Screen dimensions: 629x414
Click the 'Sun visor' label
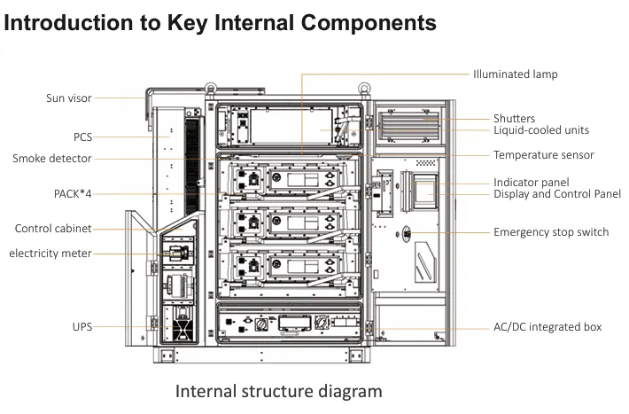[68, 98]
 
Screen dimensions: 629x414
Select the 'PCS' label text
[82, 137]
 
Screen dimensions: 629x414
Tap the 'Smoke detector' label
[51, 158]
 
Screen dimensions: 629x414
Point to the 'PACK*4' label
[73, 194]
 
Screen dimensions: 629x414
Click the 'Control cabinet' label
[53, 229]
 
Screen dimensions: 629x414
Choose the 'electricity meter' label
[50, 254]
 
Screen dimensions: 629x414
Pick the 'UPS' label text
[82, 326]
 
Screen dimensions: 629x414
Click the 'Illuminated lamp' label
[515, 74]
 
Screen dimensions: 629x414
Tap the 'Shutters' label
[514, 119]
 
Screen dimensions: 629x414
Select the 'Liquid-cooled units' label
[541, 130]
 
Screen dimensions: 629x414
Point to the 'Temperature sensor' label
[544, 155]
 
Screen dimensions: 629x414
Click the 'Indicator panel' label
[532, 183]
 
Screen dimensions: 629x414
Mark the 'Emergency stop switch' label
[551, 232]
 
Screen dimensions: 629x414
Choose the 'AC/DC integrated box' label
[547, 327]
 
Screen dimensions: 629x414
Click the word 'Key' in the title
[187, 23]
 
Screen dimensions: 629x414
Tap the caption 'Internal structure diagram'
[278, 391]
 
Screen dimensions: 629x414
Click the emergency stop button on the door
[407, 233]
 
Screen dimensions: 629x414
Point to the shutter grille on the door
[408, 124]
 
